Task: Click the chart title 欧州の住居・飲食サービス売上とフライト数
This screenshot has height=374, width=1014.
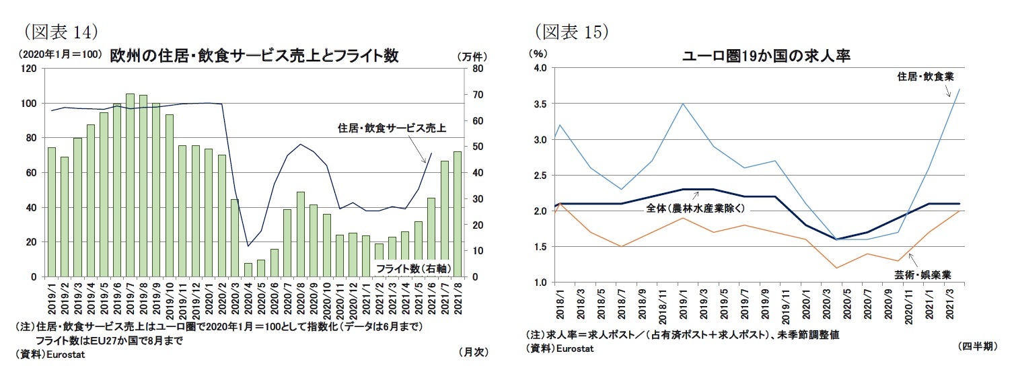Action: point(254,56)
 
